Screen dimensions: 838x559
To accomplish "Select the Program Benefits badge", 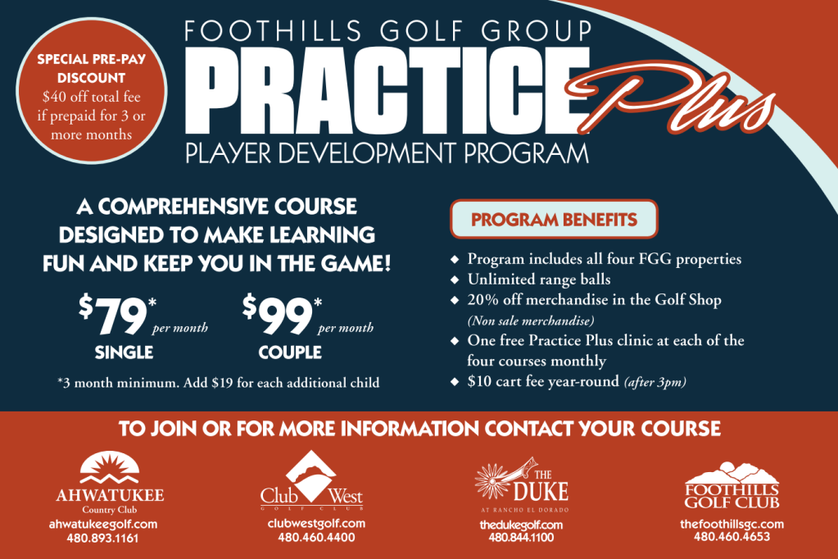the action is click(554, 220).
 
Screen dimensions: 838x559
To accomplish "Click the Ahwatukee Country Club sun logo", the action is click(110, 467).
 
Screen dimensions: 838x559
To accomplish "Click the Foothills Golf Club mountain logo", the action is click(732, 473).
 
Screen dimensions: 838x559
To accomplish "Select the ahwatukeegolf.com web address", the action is click(103, 525).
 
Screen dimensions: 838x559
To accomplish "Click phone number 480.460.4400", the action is click(316, 537).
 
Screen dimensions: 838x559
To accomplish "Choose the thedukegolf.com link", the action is click(521, 525).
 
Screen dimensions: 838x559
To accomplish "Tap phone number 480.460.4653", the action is click(732, 537).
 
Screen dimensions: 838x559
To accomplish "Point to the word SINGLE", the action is click(124, 352).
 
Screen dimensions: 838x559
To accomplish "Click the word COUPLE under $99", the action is click(290, 352).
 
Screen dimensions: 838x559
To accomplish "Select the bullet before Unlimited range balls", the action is click(455, 279).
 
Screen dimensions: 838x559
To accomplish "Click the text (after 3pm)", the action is click(655, 382).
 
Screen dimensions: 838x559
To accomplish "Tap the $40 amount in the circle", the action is click(55, 97).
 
